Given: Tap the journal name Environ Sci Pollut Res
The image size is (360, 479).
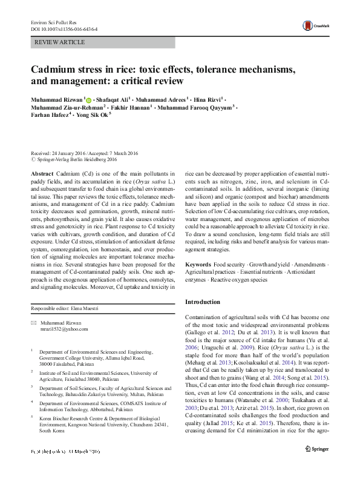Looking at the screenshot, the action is pos(54,22).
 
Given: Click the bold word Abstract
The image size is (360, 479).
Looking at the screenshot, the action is pos(41,173).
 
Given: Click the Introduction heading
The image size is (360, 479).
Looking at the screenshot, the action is pos(203,301).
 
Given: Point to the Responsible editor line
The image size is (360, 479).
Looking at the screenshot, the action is pos(65,309).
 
